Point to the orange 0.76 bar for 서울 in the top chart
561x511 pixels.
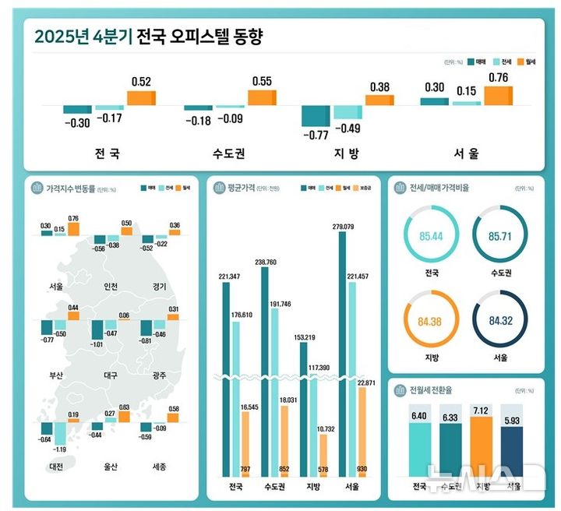pyautogui.click(x=498, y=95)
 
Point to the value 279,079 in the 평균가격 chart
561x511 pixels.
pyautogui.click(x=343, y=227)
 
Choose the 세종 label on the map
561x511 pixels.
pyautogui.click(x=157, y=467)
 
